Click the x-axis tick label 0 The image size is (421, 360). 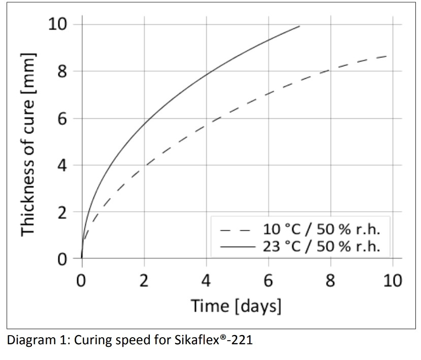coord(82,280)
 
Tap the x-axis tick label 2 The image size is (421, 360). coord(144,280)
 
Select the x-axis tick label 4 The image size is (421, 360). coord(206,280)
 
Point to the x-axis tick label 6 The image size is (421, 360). coord(268,280)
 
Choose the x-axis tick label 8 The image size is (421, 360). coord(330,280)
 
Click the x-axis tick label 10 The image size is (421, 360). coord(391,280)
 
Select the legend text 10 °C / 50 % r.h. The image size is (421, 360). coord(321,229)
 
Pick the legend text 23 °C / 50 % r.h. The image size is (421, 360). coord(321,247)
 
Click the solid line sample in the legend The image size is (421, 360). coord(236,248)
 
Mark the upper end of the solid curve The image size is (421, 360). coord(300,26)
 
